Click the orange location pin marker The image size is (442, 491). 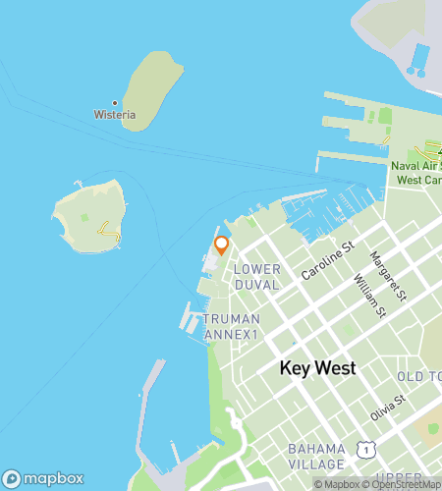pyautogui.click(x=221, y=245)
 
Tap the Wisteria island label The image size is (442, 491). pyautogui.click(x=115, y=115)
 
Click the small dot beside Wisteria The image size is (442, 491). pyautogui.click(x=115, y=102)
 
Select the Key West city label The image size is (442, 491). pyautogui.click(x=317, y=369)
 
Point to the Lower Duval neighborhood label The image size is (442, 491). pyautogui.click(x=258, y=276)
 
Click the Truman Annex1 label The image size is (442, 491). pyautogui.click(x=232, y=327)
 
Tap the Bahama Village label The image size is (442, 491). pyautogui.click(x=316, y=456)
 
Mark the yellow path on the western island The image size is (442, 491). pyautogui.click(x=108, y=232)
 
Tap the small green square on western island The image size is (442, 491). pyautogui.click(x=84, y=217)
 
